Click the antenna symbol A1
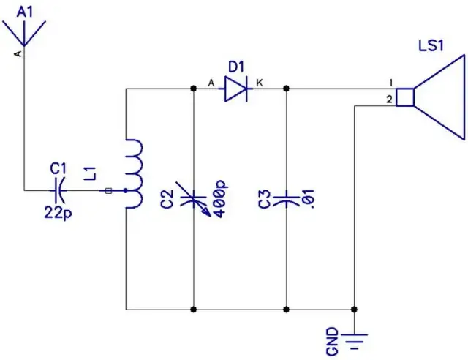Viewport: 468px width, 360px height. [x=25, y=34]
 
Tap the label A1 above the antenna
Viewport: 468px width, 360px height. [x=24, y=10]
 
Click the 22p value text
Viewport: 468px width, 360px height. [x=58, y=211]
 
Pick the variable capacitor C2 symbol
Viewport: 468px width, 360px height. [x=194, y=198]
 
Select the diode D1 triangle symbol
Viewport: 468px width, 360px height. [x=235, y=89]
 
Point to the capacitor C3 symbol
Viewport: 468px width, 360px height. [x=286, y=198]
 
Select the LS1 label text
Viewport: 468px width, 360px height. [x=431, y=45]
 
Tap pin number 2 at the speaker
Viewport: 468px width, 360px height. [x=390, y=99]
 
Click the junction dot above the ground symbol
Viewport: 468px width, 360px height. [x=355, y=309]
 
